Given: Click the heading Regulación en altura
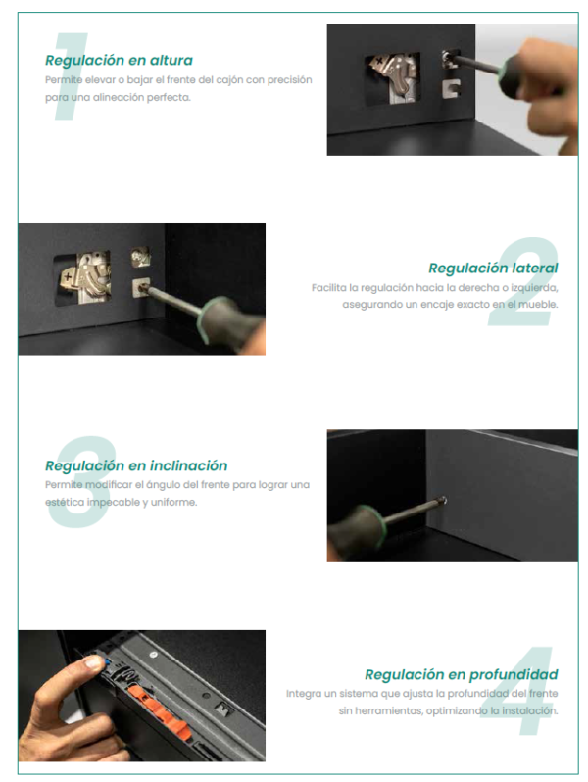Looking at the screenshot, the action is pos(119,61).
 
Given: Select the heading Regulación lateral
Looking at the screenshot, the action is pos(493,269).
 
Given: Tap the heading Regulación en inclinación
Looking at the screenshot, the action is pos(136,465).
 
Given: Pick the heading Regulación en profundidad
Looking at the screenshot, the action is pos(462,675).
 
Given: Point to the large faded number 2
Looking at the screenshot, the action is pos(523,282).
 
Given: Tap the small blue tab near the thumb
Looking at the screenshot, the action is pos(106,662).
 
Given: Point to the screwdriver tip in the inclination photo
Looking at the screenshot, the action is pos(443,501).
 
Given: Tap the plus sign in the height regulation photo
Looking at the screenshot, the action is pos(381,62).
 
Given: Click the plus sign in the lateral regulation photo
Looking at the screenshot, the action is pos(68,274).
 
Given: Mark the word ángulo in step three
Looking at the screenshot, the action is pos(164,485).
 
